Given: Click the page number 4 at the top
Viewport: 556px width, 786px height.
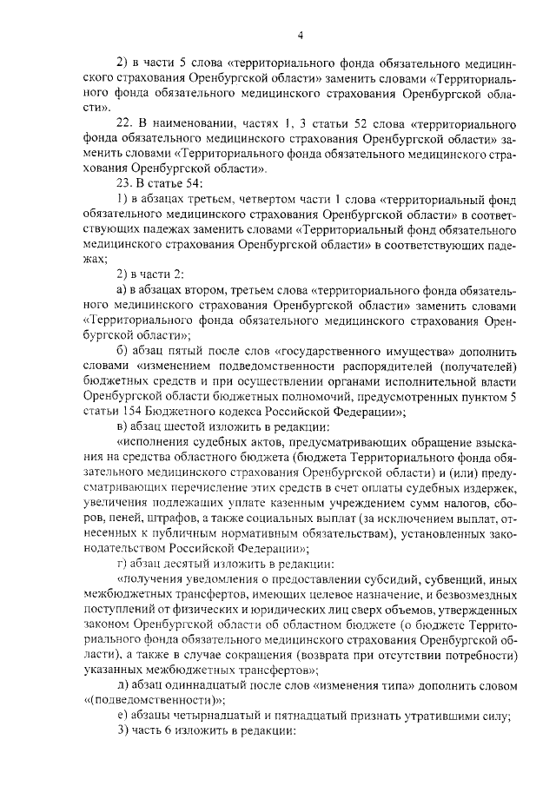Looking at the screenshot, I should (300, 36).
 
